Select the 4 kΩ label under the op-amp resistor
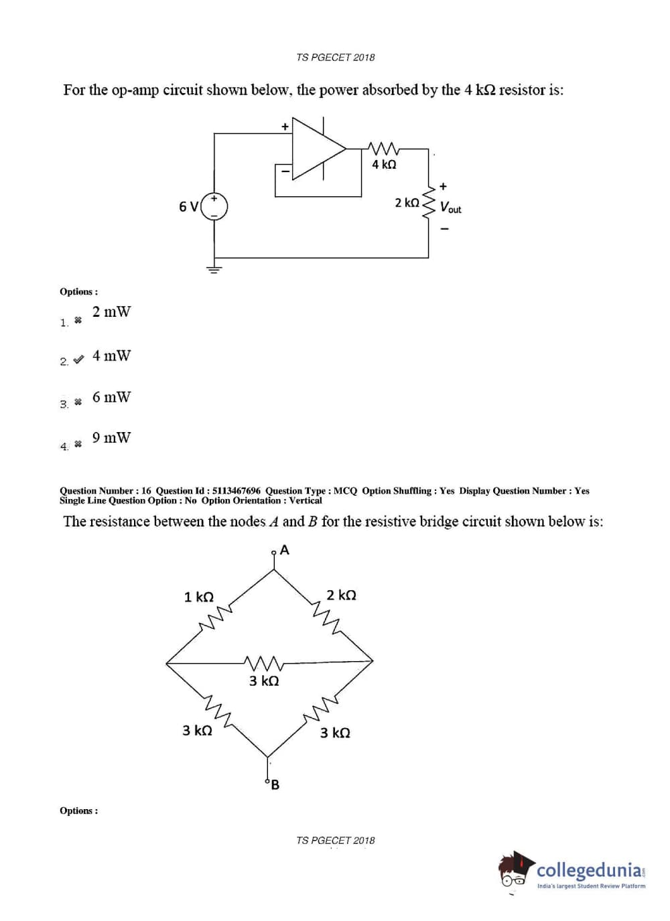click(x=384, y=164)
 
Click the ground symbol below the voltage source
click(x=214, y=269)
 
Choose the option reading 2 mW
click(x=111, y=311)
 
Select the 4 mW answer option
click(x=111, y=356)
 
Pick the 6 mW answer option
click(x=111, y=397)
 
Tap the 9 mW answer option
click(x=111, y=437)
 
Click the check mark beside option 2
click(x=78, y=360)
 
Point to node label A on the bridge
click(x=285, y=551)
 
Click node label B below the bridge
click(x=275, y=784)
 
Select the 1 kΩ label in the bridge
click(x=198, y=597)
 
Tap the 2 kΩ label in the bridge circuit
click(x=341, y=595)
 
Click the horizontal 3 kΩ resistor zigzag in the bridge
click(x=264, y=663)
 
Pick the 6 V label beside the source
click(x=188, y=206)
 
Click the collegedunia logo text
click(x=589, y=870)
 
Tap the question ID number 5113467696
click(x=237, y=491)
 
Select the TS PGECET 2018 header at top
click(x=335, y=58)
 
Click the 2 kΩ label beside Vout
click(x=407, y=202)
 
